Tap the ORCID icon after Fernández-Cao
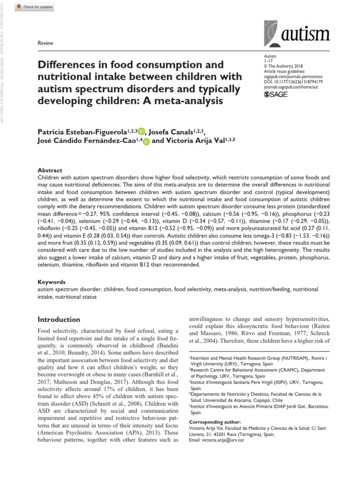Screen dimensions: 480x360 point(146,142)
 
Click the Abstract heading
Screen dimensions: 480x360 point(50,171)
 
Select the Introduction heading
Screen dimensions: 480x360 point(59,319)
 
